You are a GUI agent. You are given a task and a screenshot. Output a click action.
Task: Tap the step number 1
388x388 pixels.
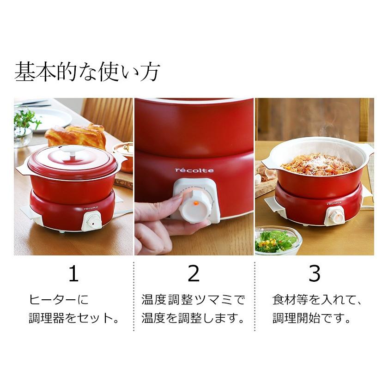click(x=73, y=274)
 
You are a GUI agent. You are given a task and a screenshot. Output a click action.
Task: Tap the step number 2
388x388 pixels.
click(x=194, y=274)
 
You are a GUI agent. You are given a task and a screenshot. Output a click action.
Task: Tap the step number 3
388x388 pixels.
click(x=314, y=274)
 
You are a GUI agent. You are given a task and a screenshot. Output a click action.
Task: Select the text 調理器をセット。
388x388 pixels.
click(x=73, y=318)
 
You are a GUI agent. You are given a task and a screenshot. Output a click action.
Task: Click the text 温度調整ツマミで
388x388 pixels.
click(x=193, y=300)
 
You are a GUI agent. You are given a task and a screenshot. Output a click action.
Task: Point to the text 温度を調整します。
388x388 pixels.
click(x=193, y=318)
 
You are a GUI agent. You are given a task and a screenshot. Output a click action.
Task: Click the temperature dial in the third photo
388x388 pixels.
click(x=336, y=214)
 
